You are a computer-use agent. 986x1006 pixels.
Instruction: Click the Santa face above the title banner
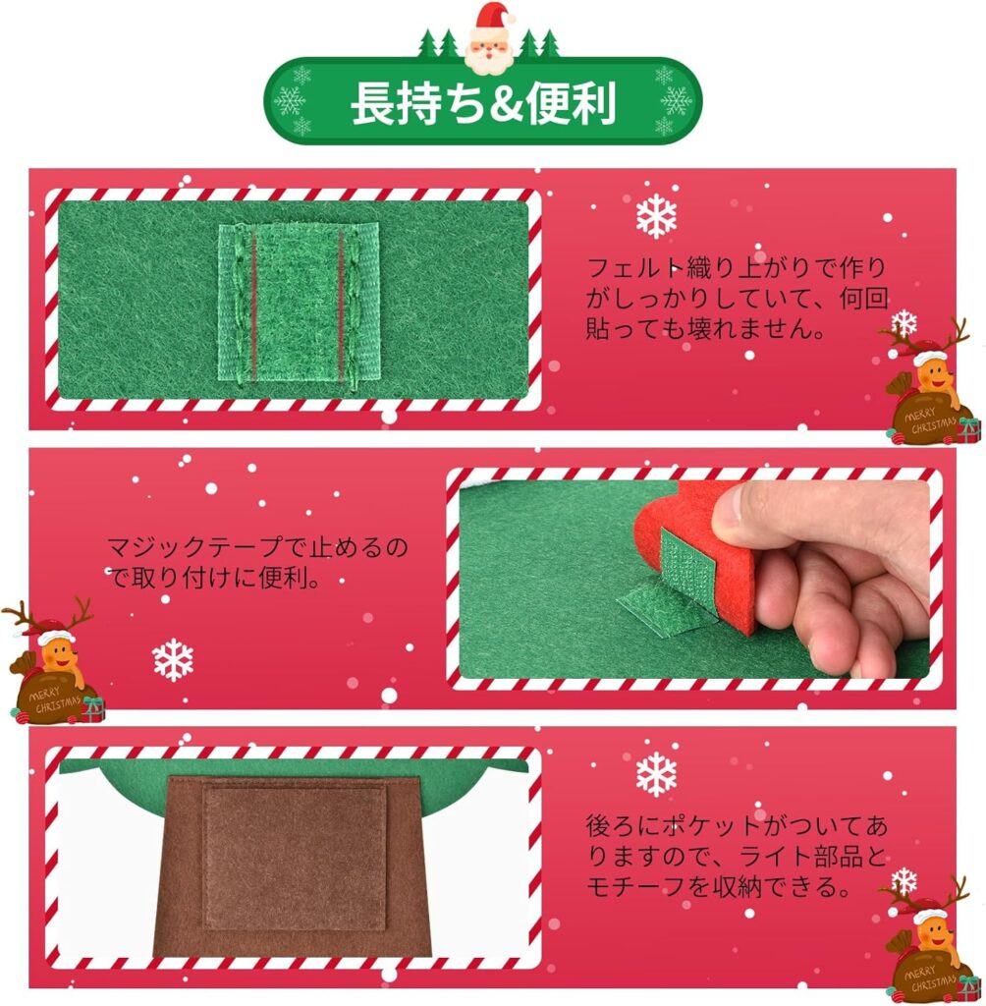point(490,39)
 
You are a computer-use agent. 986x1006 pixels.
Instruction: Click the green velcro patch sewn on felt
point(299,302)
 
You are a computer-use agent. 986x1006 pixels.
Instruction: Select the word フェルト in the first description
point(635,267)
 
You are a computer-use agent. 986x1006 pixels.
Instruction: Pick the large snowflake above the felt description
point(656,217)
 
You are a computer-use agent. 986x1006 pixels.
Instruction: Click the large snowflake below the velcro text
point(173,660)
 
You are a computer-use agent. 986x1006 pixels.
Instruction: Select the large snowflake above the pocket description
point(656,774)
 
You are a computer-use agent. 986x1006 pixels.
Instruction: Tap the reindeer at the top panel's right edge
point(931,381)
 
